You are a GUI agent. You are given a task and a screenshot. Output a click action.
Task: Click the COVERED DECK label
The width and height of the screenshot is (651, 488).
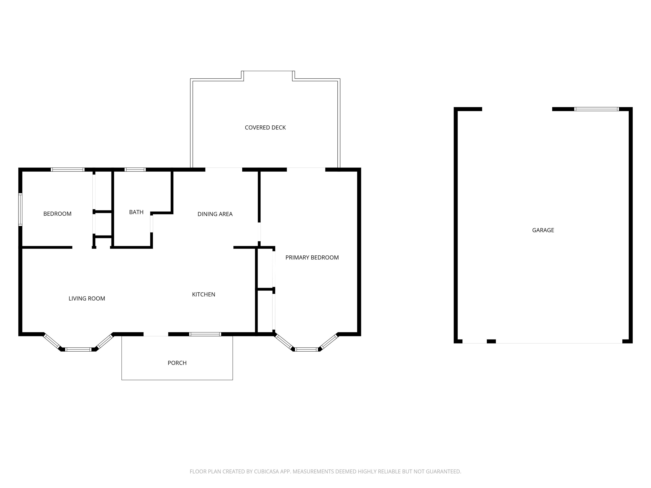click(265, 128)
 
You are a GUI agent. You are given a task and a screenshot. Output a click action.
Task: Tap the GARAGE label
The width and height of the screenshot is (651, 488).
click(543, 230)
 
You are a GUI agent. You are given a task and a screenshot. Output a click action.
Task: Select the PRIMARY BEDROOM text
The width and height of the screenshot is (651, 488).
click(312, 258)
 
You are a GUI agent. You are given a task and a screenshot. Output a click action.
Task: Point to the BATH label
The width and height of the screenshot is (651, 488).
click(136, 212)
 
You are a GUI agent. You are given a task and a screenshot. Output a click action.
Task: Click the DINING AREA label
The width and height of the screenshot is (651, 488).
click(215, 214)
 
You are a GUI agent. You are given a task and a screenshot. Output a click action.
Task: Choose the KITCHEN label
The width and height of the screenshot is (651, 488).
click(204, 294)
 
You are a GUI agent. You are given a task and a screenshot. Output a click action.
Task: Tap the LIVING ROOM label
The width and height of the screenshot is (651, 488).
click(87, 299)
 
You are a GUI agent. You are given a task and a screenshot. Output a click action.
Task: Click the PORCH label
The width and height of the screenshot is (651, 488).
click(177, 363)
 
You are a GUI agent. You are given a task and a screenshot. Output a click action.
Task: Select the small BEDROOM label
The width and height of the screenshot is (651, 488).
click(57, 214)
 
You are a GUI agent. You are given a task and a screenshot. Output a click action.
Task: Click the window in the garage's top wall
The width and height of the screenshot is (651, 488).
click(597, 109)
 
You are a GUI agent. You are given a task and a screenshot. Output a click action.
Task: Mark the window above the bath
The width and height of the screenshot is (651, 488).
click(135, 170)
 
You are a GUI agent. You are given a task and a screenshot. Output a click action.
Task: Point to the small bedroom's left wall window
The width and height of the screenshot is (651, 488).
click(20, 209)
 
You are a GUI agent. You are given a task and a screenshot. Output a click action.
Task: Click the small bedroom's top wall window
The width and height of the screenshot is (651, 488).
click(68, 170)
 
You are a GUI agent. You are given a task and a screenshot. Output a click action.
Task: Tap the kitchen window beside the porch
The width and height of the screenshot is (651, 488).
click(205, 334)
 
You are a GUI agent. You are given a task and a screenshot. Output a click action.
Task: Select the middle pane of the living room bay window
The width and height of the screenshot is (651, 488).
click(78, 349)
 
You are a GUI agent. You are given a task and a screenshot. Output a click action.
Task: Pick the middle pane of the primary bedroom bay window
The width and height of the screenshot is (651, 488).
click(306, 349)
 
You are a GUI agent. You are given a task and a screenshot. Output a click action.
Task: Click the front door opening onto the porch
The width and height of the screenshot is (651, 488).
click(156, 334)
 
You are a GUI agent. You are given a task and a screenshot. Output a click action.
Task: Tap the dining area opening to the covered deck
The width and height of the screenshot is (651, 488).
click(224, 169)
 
